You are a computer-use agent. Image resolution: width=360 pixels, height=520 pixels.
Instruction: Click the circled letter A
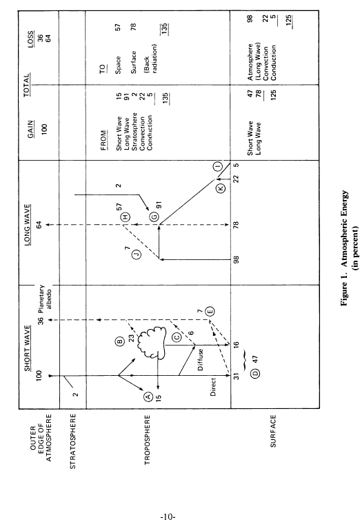[148, 396]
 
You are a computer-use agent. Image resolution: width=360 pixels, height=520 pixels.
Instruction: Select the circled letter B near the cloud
[120, 341]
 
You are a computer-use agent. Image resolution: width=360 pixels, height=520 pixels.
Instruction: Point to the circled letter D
[256, 373]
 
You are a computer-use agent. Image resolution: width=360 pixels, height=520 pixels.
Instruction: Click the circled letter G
[154, 217]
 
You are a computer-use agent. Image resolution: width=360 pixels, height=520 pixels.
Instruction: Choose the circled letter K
[221, 188]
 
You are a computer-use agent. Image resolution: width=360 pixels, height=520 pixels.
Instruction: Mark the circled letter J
[137, 254]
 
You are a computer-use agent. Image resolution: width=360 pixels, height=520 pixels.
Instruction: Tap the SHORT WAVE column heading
[28, 348]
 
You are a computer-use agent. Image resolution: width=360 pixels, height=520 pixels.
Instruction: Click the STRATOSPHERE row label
[73, 441]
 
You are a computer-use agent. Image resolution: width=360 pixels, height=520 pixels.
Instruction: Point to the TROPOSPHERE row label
[148, 440]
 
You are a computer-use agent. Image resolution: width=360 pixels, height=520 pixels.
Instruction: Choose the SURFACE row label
[273, 431]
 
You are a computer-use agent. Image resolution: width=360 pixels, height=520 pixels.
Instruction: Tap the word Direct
[213, 387]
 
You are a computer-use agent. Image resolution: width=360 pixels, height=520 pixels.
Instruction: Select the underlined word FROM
[103, 139]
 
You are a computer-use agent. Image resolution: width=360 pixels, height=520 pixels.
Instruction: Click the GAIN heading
[30, 129]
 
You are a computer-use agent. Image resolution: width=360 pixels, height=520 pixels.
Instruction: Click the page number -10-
[168, 517]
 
